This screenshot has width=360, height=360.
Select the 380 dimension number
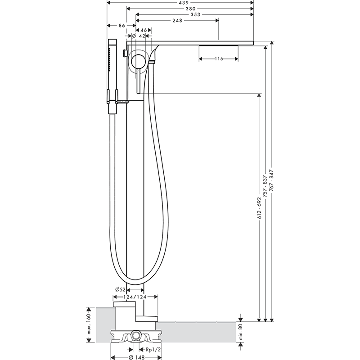click(190, 9)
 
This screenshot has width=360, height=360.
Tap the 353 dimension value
click(195, 14)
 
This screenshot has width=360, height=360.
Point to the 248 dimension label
click(177, 21)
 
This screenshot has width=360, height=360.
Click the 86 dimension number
click(121, 26)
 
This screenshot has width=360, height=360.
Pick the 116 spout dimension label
click(219, 59)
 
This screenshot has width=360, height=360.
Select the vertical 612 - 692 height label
click(259, 207)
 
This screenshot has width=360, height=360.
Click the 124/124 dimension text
click(135, 297)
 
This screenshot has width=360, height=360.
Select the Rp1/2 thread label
click(153, 350)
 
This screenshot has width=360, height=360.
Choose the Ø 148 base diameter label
click(137, 357)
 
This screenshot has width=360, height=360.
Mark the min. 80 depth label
click(241, 332)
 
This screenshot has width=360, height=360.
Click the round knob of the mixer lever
click(138, 61)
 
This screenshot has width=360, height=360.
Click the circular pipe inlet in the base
click(136, 337)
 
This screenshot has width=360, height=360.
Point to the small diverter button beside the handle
click(125, 53)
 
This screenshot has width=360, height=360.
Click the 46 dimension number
click(144, 30)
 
